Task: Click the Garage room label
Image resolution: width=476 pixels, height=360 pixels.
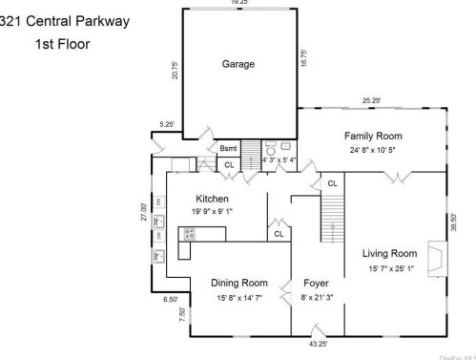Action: coord(238,64)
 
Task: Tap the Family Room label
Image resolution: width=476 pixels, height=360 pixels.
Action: coord(373,136)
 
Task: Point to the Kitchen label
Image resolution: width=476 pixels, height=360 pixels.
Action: coord(212,199)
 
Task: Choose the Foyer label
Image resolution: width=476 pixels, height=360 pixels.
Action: coord(316,283)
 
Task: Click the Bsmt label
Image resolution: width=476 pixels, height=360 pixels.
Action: coord(228,148)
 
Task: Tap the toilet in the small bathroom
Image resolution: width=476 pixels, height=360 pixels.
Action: coord(271,149)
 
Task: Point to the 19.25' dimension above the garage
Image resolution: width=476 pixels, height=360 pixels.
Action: coord(238,3)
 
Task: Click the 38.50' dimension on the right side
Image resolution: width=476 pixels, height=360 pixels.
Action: coord(453,222)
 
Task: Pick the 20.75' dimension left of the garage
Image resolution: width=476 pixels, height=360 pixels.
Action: coord(175,72)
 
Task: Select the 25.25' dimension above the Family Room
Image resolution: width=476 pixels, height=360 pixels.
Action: coord(371,100)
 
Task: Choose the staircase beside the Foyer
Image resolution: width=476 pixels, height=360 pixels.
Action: coord(331,204)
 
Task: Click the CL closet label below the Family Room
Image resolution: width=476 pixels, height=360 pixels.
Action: coord(332,182)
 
